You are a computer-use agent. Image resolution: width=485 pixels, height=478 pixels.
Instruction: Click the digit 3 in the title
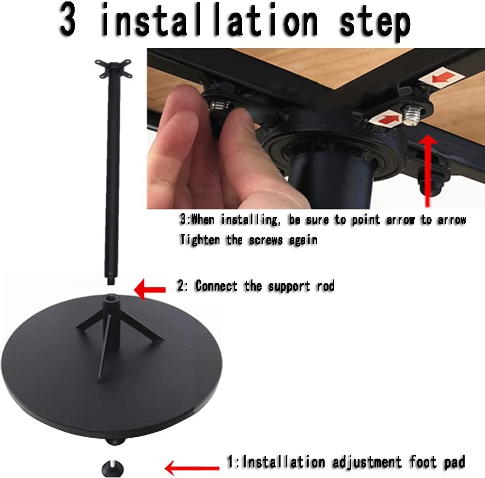(68, 20)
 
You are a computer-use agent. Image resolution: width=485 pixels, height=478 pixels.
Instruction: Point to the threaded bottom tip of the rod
(110, 281)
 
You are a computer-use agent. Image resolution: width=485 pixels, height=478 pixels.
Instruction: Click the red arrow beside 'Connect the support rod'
(150, 290)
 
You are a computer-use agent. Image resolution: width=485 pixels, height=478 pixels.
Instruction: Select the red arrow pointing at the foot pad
(192, 468)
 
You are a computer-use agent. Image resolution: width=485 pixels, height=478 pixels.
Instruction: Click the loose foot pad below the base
(112, 468)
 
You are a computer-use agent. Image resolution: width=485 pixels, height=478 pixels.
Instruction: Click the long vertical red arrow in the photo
(428, 171)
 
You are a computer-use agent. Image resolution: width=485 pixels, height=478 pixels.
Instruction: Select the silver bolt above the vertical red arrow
(412, 116)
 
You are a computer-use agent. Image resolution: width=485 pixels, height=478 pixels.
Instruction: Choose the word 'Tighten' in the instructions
(200, 240)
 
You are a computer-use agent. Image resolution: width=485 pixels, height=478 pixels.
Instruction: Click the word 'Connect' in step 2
(216, 286)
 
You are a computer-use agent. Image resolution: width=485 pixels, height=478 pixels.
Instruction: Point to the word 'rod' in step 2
(326, 286)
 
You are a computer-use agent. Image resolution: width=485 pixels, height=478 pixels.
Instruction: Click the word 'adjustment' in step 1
(367, 463)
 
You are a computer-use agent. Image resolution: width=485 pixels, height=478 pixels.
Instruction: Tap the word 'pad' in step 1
(454, 463)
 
